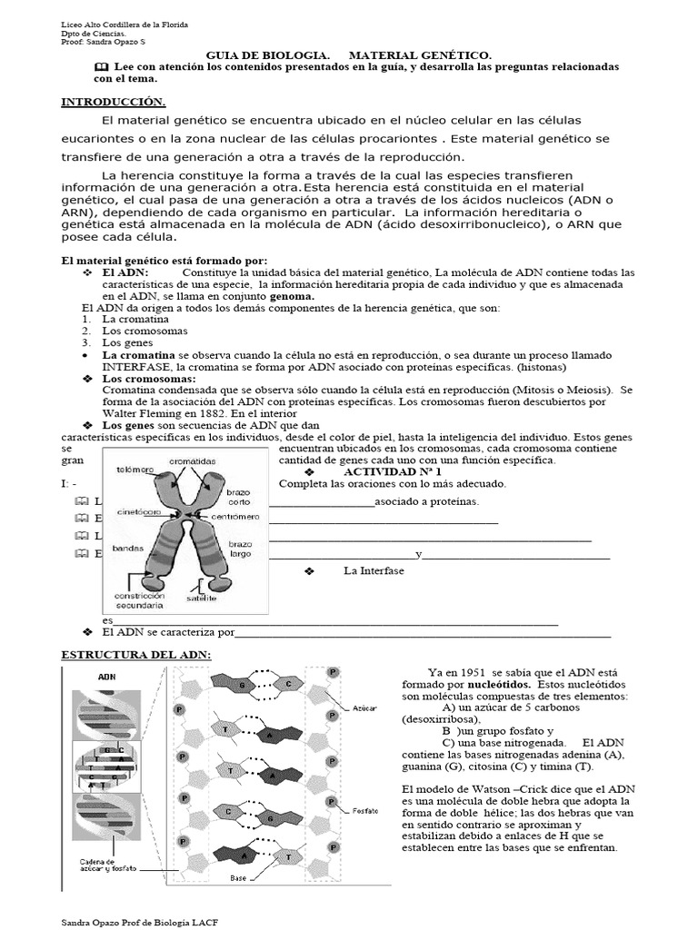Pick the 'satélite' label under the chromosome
tap(202, 599)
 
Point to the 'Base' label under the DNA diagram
tap(238, 878)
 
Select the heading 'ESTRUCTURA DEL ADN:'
tap(135, 655)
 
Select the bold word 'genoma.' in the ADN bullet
tap(285, 296)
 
